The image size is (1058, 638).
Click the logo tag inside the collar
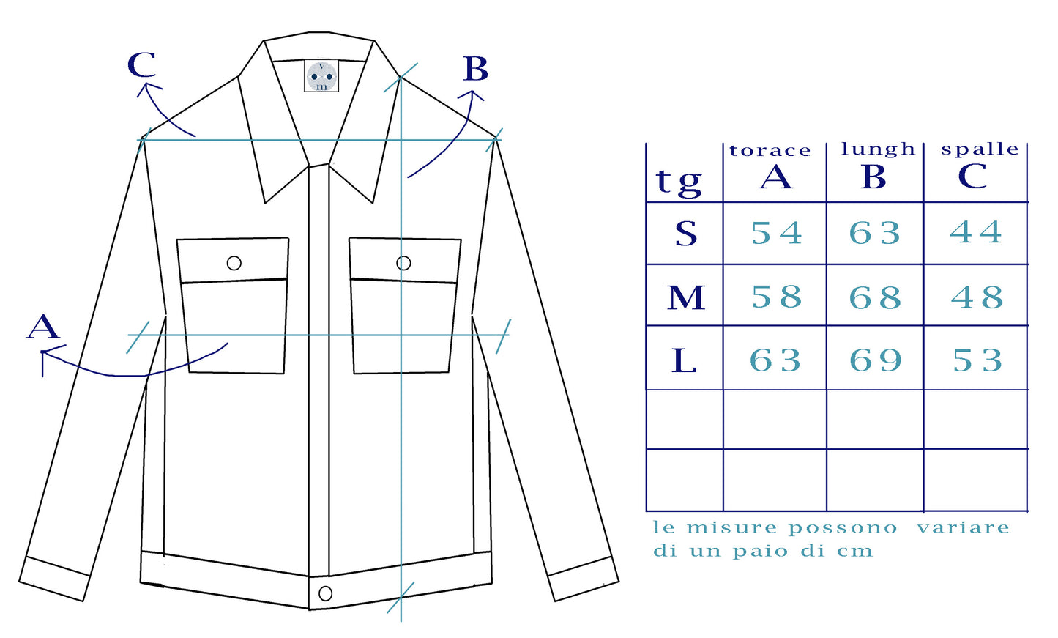(x=321, y=75)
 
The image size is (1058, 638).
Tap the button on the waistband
(x=325, y=593)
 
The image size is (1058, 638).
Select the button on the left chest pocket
(x=234, y=263)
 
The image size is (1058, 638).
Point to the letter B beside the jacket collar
(x=476, y=69)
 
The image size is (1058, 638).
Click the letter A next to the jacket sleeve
(x=43, y=326)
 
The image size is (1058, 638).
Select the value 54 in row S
(x=777, y=233)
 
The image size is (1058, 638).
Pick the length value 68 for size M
(x=875, y=297)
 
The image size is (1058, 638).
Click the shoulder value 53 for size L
(x=977, y=360)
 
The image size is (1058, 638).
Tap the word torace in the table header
(x=770, y=151)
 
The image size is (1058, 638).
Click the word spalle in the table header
(x=980, y=149)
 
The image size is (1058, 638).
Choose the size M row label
(x=686, y=297)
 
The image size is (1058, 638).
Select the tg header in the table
(x=679, y=182)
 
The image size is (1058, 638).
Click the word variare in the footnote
(x=964, y=527)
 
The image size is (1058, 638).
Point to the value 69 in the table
(x=876, y=360)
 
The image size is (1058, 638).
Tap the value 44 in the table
(x=976, y=232)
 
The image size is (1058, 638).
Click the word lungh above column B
(x=878, y=149)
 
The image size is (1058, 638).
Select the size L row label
(x=684, y=360)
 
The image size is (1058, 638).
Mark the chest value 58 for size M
(x=777, y=297)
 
